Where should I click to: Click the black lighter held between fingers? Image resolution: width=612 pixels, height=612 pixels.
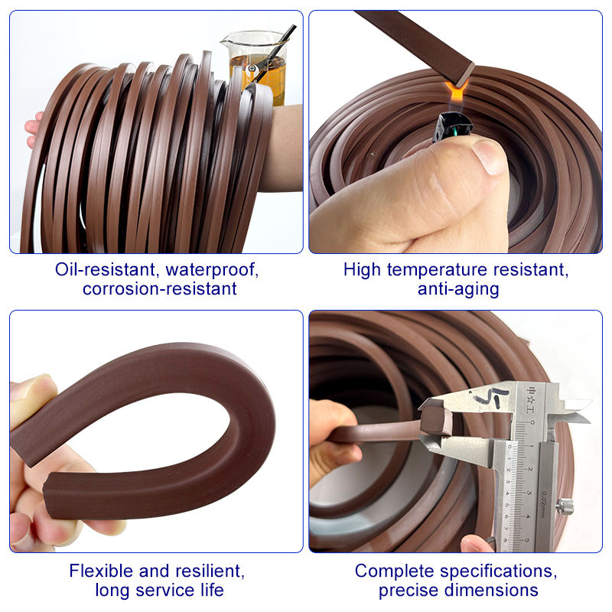453,127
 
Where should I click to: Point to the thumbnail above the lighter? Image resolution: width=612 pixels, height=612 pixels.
488,156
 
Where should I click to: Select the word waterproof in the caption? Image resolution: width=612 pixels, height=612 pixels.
212,270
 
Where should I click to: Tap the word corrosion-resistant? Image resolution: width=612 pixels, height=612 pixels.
160,289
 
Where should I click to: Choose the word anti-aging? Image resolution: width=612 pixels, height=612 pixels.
458,290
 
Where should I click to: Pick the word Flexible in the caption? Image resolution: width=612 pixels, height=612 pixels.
101,571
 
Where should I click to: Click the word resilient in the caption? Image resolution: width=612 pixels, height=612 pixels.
210,571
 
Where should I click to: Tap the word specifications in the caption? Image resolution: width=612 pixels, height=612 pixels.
498,571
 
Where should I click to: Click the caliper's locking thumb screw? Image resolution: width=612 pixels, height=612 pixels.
565,506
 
